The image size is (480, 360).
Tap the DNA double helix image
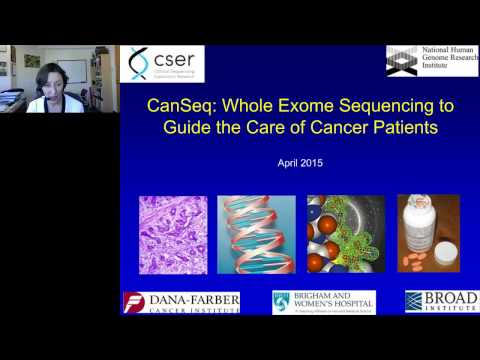(x=256, y=234)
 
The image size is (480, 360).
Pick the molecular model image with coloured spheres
(x=344, y=234)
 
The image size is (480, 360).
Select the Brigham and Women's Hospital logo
(x=323, y=303)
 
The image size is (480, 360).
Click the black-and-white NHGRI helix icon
(x=402, y=59)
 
